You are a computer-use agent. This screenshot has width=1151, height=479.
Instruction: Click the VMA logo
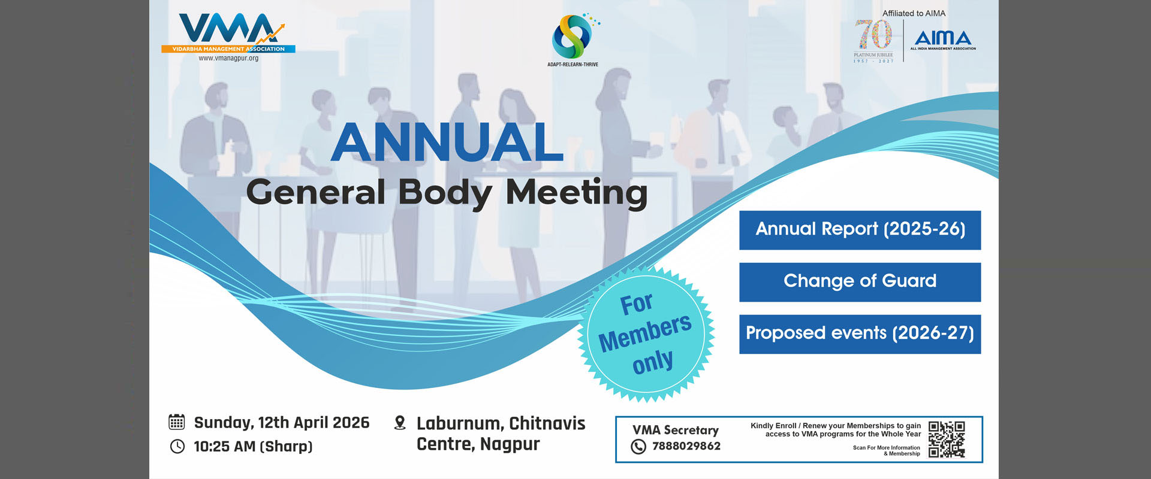(228, 34)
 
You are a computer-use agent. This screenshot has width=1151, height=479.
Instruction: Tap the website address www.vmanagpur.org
(228, 59)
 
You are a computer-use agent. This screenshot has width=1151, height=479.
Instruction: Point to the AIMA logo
(943, 41)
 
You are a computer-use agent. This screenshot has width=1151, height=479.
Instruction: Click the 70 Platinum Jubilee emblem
(873, 41)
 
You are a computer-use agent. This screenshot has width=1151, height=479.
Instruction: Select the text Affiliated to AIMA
(914, 13)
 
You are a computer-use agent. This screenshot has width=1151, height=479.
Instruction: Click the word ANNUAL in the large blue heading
(447, 142)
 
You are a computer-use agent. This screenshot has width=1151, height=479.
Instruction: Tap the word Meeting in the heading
(577, 193)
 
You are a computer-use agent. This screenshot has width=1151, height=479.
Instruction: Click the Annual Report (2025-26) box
(860, 230)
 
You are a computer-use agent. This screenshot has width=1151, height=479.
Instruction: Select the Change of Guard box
(860, 282)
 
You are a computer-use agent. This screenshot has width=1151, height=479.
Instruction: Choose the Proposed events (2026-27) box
(860, 334)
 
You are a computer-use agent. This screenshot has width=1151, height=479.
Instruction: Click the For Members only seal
(646, 334)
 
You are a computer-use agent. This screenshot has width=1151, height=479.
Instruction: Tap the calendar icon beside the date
(176, 422)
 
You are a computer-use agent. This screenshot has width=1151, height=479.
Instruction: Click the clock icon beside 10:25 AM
(177, 446)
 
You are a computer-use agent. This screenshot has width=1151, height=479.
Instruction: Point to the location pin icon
(400, 423)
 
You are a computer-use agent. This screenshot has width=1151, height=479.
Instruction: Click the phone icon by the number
(638, 447)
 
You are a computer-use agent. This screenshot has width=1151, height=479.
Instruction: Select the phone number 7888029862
(686, 446)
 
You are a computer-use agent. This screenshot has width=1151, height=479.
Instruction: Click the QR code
(947, 439)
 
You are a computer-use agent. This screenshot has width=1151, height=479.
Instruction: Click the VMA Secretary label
(676, 430)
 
